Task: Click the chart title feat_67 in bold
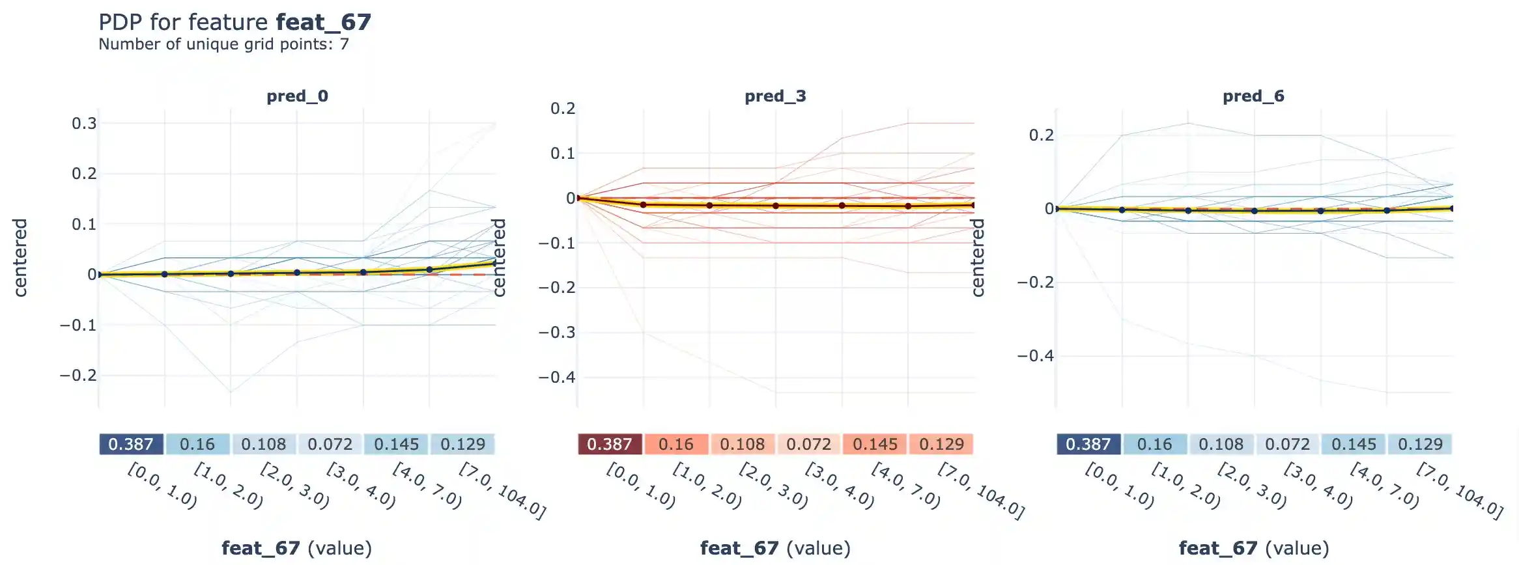pos(323,22)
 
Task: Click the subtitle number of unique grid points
pos(223,44)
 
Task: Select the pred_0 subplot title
pos(297,96)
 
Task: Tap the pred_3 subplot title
pos(775,96)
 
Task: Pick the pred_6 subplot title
pos(1253,96)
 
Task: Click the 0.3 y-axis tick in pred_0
pos(84,124)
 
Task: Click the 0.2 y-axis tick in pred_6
pos(1041,135)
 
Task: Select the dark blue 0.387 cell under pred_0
pos(131,445)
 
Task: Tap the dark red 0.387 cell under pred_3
pos(610,445)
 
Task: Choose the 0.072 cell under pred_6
pos(1287,445)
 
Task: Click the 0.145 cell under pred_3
pos(875,445)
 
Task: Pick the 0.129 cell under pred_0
pos(462,445)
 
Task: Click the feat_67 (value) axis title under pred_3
pos(775,548)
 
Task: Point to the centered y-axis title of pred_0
pos(20,258)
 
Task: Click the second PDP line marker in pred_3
pos(644,204)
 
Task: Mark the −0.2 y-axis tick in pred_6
pos(1035,282)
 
